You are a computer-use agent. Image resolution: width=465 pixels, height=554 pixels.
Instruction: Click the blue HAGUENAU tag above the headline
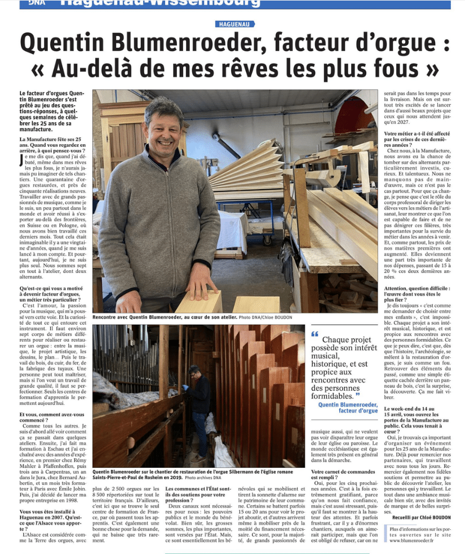click(235, 24)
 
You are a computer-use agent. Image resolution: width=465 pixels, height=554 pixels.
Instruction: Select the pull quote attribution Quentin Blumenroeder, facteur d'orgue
click(348, 407)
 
